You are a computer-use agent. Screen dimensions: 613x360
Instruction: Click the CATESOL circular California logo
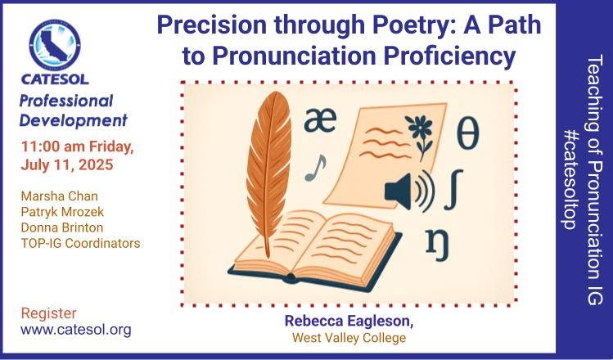pyautogui.click(x=55, y=45)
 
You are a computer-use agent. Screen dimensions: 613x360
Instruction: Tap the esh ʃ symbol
pyautogui.click(x=454, y=190)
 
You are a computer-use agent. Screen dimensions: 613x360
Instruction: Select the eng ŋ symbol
pyautogui.click(x=438, y=245)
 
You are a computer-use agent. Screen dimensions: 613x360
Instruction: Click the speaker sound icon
pyautogui.click(x=409, y=191)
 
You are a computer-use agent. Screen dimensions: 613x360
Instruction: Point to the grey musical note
pyautogui.click(x=315, y=168)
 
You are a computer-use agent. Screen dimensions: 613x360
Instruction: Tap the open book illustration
pyautogui.click(x=315, y=250)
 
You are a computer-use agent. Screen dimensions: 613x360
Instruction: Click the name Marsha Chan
pyautogui.click(x=60, y=196)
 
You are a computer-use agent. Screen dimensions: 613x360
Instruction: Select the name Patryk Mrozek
pyautogui.click(x=62, y=212)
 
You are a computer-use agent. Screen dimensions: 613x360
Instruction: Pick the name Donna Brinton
pyautogui.click(x=61, y=227)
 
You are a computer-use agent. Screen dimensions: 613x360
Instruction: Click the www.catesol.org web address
pyautogui.click(x=76, y=331)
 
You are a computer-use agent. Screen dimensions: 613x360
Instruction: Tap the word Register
pyautogui.click(x=49, y=313)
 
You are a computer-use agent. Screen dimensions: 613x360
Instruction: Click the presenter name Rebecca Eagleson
pyautogui.click(x=349, y=322)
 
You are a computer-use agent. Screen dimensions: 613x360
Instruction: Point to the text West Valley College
pyautogui.click(x=349, y=338)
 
